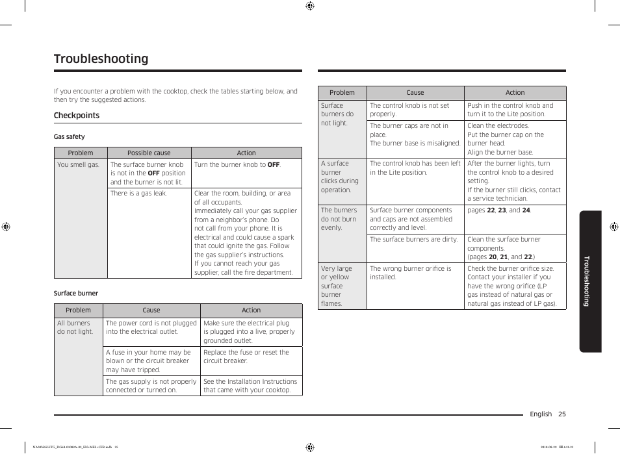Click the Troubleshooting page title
tap(101, 59)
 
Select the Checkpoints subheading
tap(77, 116)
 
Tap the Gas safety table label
tap(69, 137)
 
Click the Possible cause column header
tap(149, 153)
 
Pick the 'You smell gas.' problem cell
tap(78, 165)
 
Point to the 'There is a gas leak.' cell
tap(138, 194)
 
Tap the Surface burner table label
tap(76, 294)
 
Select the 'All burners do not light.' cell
tap(75, 327)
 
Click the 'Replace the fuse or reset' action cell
tap(246, 357)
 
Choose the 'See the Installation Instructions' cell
tap(250, 386)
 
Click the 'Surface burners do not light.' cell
tap(337, 114)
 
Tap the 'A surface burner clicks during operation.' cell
tap(339, 177)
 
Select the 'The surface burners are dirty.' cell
tap(414, 240)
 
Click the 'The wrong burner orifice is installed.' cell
tap(411, 273)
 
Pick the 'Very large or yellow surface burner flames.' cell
tap(336, 286)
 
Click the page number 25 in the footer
tap(562, 414)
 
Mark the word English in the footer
tap(541, 414)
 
